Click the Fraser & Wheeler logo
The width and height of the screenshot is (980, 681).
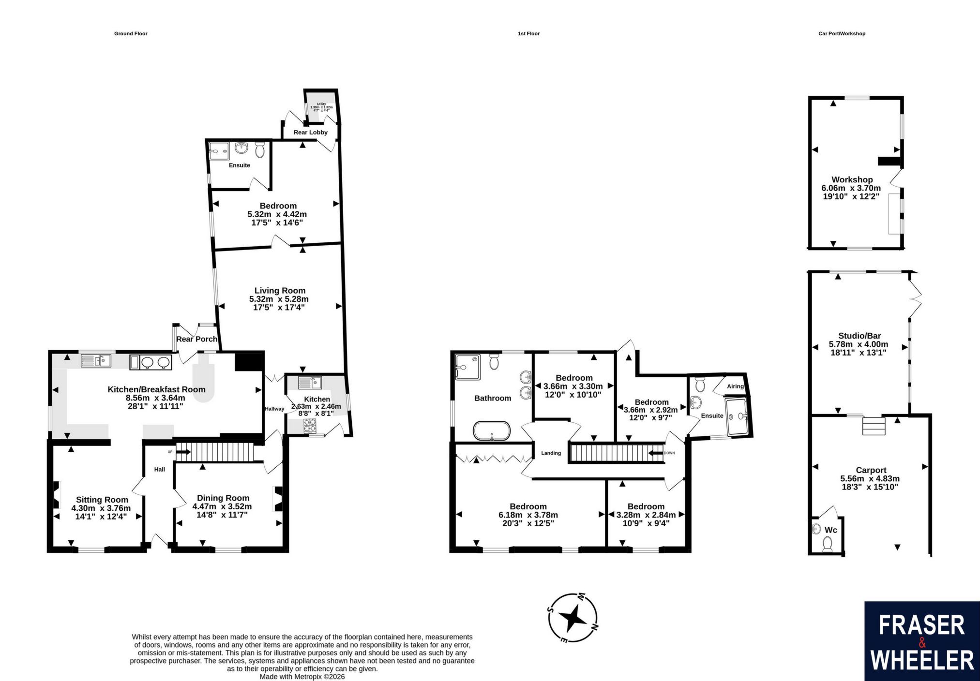click(x=922, y=641)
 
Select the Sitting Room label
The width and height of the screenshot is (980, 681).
click(x=102, y=500)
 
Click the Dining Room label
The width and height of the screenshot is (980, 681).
click(x=223, y=498)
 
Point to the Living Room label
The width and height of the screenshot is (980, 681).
click(x=280, y=291)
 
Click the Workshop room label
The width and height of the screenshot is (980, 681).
click(x=852, y=180)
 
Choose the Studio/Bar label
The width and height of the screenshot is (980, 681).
click(x=859, y=336)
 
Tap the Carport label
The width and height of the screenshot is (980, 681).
click(x=871, y=470)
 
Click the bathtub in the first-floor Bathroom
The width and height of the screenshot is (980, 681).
click(x=492, y=430)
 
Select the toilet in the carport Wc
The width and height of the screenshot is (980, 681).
click(x=828, y=544)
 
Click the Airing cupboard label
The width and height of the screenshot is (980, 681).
click(x=735, y=386)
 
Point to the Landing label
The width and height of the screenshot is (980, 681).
click(x=551, y=453)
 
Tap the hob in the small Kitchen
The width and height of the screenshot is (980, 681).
click(x=309, y=426)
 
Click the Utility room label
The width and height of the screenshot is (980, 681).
click(x=322, y=104)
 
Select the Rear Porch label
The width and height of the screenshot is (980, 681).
click(x=197, y=339)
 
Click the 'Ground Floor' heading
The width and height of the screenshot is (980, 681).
click(x=131, y=34)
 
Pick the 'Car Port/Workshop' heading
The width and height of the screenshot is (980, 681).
click(x=842, y=34)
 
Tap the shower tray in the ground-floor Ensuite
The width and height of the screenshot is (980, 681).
click(x=220, y=151)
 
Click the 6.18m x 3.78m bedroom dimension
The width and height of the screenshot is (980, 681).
click(x=528, y=515)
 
